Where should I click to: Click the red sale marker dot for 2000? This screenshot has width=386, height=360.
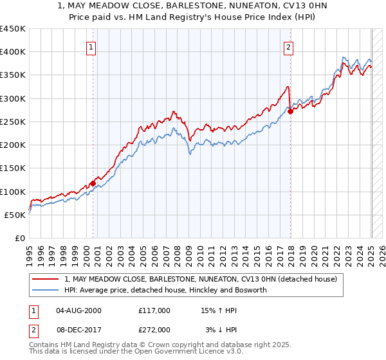[x=93, y=183]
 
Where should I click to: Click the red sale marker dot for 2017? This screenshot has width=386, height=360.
[x=290, y=111]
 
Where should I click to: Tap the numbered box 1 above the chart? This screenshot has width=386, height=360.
[x=91, y=47]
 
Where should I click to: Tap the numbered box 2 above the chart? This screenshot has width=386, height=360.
[x=289, y=47]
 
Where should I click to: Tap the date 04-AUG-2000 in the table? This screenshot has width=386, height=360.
[x=78, y=310]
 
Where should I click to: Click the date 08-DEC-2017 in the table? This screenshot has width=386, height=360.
[x=78, y=330]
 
